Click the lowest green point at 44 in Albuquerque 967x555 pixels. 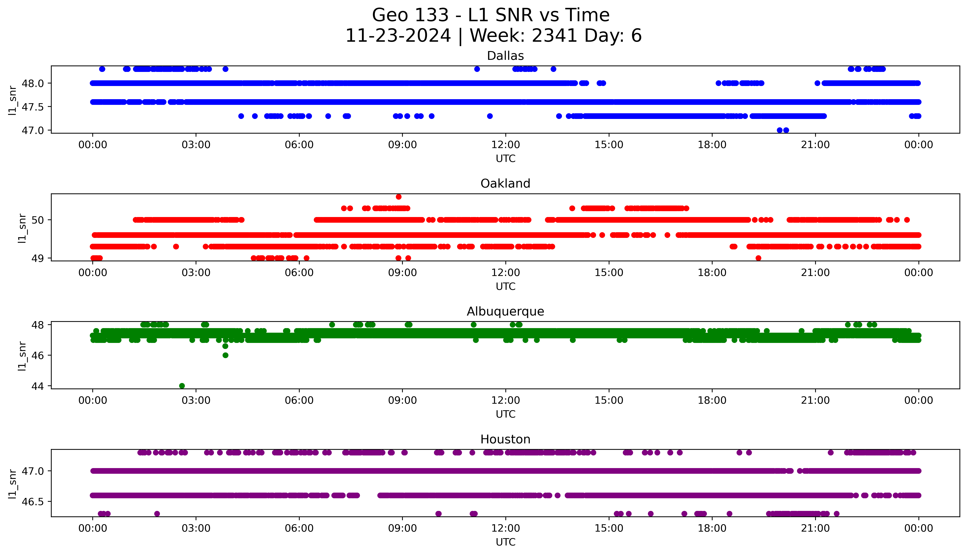[x=182, y=386]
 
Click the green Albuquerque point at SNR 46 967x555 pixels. [x=225, y=355]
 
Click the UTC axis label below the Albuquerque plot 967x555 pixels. [x=505, y=414]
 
